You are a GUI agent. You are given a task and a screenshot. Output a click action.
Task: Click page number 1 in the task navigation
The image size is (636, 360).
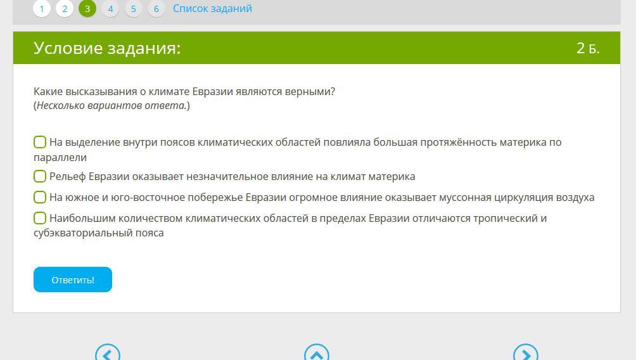pos(41,8)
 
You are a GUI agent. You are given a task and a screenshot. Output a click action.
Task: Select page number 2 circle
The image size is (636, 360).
pos(65,8)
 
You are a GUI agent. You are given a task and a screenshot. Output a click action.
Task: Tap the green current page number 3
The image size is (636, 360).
pos(87,8)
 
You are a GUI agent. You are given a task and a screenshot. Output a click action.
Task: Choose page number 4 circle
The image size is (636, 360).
pos(110,8)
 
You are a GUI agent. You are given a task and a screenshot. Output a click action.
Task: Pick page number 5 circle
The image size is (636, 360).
pos(134,8)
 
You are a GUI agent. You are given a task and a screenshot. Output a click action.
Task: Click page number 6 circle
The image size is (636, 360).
pos(156,8)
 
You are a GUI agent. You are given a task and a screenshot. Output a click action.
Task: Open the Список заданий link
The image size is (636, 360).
pos(212,8)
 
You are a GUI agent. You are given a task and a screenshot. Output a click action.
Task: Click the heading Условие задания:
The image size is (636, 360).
pos(107,48)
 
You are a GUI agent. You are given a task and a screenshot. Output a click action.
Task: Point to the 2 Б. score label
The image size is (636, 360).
pos(588,48)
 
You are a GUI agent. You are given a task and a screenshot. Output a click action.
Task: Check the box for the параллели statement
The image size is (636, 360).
pos(40,142)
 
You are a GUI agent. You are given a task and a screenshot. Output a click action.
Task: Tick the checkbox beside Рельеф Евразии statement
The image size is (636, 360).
pos(40,176)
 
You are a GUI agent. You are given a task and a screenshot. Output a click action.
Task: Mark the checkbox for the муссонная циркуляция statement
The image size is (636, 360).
pos(40,197)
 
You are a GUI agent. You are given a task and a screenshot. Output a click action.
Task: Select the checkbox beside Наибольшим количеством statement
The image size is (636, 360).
pos(40,218)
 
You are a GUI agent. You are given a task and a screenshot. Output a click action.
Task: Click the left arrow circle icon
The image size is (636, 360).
pos(108,352)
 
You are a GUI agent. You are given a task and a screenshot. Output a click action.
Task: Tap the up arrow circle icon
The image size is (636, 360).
pos(317,352)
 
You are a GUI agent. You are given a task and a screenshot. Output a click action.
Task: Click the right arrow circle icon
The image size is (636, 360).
pos(526,352)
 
